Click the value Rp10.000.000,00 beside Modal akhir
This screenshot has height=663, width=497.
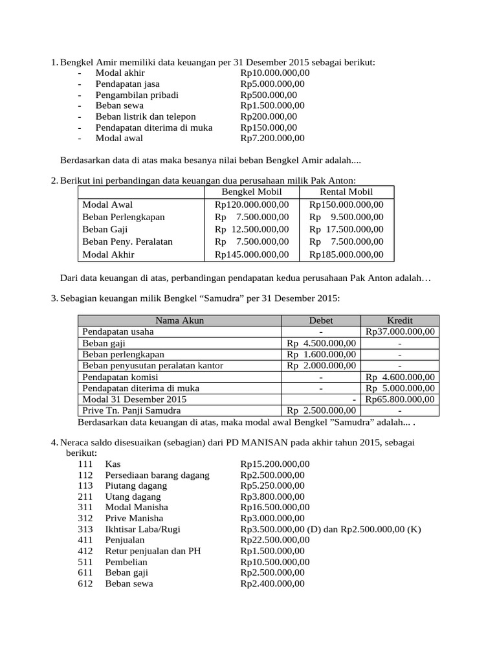(x=275, y=73)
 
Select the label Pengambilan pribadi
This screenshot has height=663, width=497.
(x=137, y=95)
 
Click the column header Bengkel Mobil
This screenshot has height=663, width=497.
(x=252, y=192)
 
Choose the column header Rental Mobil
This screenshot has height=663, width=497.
(x=346, y=192)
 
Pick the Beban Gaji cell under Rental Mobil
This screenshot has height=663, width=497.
(x=346, y=229)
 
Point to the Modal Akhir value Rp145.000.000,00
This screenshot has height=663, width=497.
(x=252, y=254)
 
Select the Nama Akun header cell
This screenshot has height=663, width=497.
(x=179, y=320)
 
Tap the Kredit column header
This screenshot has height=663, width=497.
(x=400, y=320)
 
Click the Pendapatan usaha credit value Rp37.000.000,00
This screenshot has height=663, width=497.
(x=400, y=331)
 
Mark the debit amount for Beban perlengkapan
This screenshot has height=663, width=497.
(x=322, y=354)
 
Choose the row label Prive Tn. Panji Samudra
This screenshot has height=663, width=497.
(x=131, y=410)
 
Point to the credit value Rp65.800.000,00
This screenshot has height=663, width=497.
(x=400, y=399)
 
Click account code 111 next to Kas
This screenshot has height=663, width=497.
(x=85, y=464)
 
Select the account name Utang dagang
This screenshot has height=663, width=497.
(x=133, y=497)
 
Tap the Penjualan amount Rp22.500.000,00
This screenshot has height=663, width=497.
(x=275, y=540)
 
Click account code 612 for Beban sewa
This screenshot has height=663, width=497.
(x=85, y=583)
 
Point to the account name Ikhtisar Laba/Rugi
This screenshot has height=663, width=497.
(x=142, y=529)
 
